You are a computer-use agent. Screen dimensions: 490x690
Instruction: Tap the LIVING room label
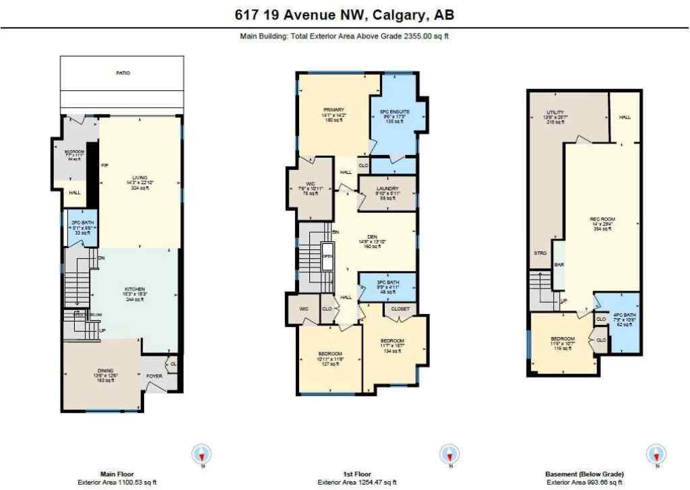(140, 178)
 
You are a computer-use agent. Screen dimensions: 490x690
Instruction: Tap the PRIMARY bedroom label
(334, 109)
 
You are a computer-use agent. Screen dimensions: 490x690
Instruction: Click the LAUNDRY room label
(387, 189)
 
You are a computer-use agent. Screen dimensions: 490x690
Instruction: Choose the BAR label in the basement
(559, 265)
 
